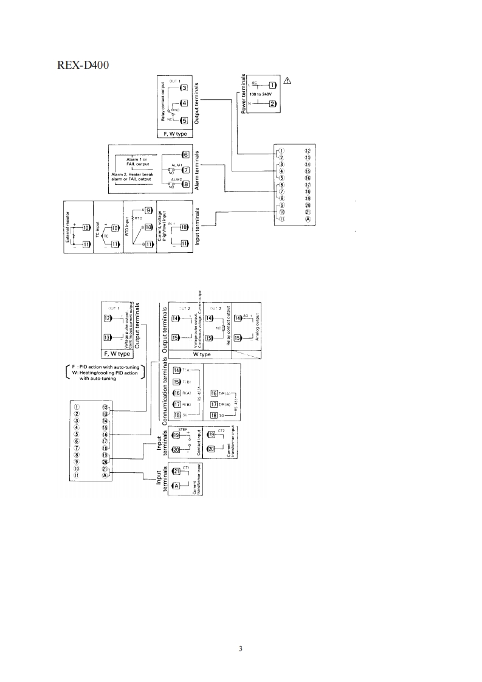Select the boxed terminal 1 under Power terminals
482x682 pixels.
(272, 85)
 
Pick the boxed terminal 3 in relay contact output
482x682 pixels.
(184, 88)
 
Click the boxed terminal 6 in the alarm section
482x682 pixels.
(186, 154)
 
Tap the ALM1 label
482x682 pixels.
(177, 165)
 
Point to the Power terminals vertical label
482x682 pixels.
(244, 94)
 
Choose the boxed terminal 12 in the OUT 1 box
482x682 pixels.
(108, 318)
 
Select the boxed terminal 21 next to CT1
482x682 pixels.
(177, 470)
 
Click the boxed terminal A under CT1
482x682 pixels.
(177, 486)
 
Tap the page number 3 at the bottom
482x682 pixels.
(241, 649)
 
